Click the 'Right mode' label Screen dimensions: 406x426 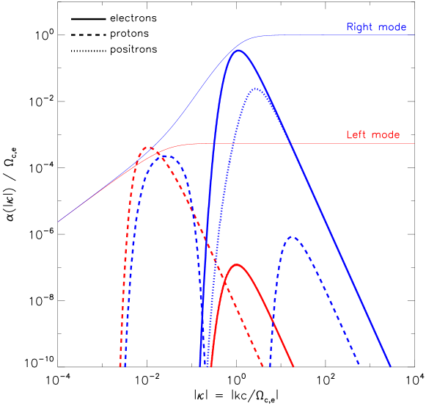tap(376, 28)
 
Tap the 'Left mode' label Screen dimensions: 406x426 tap(373, 135)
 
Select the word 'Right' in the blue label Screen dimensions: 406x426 tap(359, 28)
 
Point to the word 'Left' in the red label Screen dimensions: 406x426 tap(355, 135)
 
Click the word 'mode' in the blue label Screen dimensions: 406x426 tap(392, 28)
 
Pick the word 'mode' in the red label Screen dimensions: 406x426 tap(386, 135)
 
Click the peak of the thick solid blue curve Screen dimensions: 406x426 tap(238, 51)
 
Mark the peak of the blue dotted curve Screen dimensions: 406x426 tap(255, 89)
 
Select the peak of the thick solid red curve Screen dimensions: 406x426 tap(236, 264)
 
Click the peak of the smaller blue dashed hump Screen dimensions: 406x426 tap(293, 237)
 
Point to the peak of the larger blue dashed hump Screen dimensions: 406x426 tap(166, 156)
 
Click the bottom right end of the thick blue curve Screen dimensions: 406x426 tap(390, 366)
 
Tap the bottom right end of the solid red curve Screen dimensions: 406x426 tap(293, 366)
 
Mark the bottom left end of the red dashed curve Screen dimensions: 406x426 tap(120, 365)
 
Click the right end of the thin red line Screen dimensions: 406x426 tap(414, 143)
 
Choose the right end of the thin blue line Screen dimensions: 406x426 tap(414, 35)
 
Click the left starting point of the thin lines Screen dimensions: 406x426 tap(59, 221)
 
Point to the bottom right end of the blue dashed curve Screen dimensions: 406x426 tap(359, 365)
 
